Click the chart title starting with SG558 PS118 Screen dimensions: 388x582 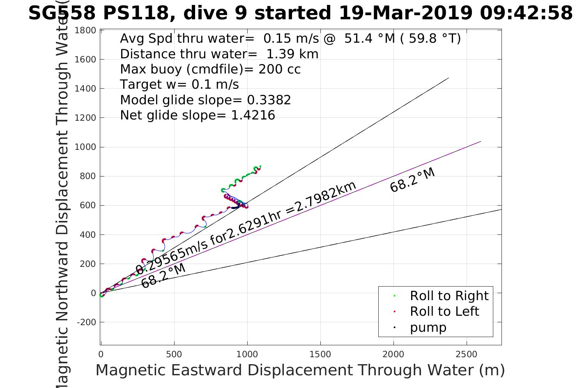coord(300,13)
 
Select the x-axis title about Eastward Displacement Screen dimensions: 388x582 coord(300,370)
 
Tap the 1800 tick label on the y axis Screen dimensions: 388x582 coord(85,30)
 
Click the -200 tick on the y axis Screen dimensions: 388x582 coord(86,322)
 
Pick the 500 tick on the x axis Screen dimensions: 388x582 coord(174,354)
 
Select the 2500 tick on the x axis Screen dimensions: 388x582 coord(467,354)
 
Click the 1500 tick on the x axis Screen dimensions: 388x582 coord(320,354)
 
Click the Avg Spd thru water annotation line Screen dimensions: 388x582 coord(290,39)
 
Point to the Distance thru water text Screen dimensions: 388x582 coord(219,54)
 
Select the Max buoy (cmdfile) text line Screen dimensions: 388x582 coord(210,69)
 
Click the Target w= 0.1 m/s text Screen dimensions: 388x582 coord(179,85)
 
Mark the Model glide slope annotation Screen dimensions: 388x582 coord(205,100)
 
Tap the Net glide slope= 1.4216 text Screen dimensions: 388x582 coord(198,115)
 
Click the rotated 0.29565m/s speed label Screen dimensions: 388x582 coord(246,228)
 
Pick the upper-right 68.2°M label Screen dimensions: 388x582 coord(412,180)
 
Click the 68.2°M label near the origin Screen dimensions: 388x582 coord(163,276)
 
